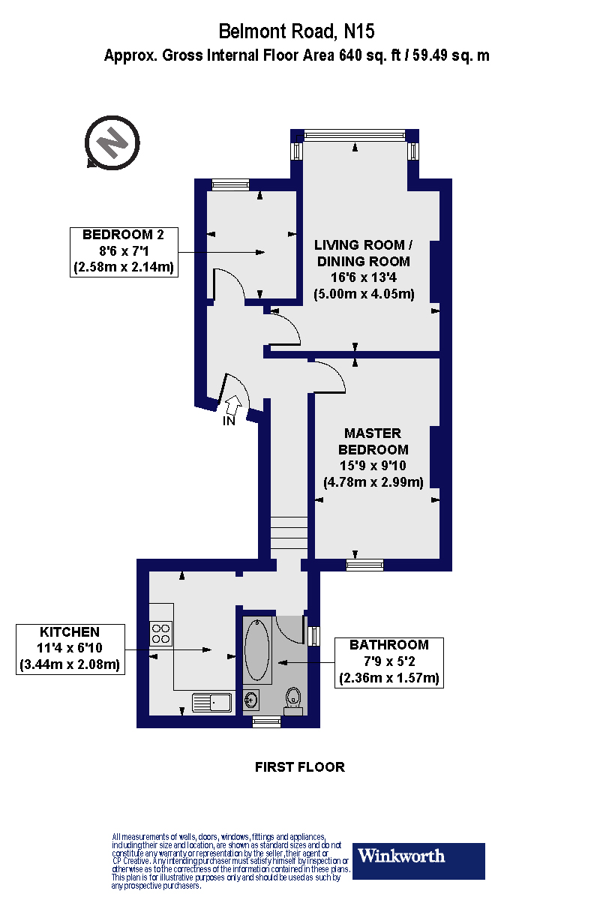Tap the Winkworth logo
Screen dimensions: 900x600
coord(418,861)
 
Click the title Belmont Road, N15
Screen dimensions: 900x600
coord(296,31)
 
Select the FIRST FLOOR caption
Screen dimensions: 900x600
coord(300,766)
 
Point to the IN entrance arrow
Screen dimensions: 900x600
coord(233,406)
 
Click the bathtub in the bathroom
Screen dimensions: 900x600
coord(257,649)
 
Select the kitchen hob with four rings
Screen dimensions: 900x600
coord(160,634)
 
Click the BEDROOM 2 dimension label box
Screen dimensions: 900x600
coord(124,251)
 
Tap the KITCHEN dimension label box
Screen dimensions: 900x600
coord(70,649)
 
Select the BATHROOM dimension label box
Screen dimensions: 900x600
coord(389,662)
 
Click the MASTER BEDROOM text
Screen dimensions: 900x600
coord(373,442)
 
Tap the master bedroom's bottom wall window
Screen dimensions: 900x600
coord(364,564)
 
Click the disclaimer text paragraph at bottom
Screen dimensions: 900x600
coord(229,861)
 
